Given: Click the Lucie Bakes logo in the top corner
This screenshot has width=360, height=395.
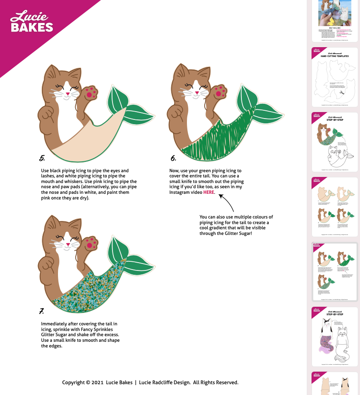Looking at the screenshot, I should [x=31, y=22].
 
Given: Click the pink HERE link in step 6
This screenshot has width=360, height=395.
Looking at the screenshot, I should [x=209, y=192].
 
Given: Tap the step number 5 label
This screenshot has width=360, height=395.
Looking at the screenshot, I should [x=42, y=158].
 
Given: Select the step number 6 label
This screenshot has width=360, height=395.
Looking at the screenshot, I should [x=173, y=158].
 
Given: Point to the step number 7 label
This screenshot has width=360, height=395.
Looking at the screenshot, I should [x=42, y=311].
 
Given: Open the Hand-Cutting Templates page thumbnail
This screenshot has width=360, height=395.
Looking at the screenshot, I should [x=335, y=77].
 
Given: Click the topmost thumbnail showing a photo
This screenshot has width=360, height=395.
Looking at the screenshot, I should [x=335, y=19].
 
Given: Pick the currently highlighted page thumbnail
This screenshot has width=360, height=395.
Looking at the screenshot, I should [x=335, y=272].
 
